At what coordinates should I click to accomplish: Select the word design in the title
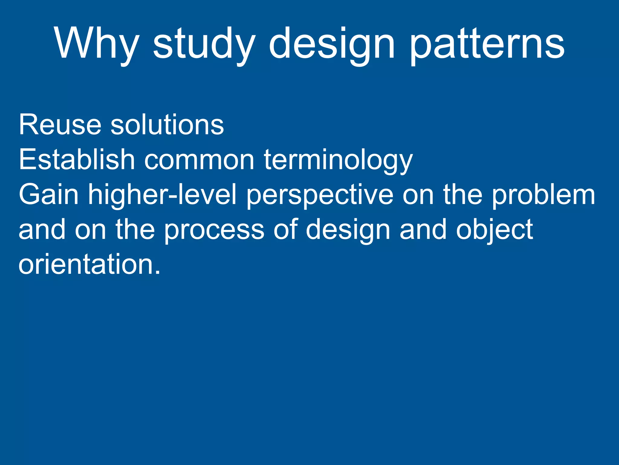tap(332, 45)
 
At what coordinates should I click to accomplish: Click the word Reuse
tap(60, 125)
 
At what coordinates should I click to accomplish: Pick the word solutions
tap(167, 125)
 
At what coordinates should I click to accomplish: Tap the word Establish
tap(76, 160)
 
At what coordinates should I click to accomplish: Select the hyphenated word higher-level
tap(162, 195)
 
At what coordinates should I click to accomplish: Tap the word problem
tap(543, 195)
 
